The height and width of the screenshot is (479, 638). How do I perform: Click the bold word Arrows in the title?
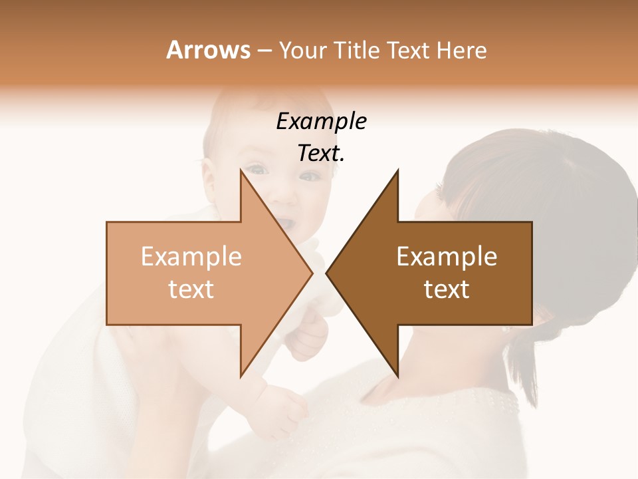click(x=208, y=50)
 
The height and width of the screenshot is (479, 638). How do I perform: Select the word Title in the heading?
click(x=356, y=51)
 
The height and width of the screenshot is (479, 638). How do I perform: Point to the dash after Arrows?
click(x=264, y=51)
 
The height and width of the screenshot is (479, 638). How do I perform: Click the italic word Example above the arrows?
click(x=321, y=122)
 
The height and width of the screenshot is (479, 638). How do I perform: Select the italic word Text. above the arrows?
click(x=321, y=153)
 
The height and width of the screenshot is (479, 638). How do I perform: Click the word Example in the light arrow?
click(x=191, y=257)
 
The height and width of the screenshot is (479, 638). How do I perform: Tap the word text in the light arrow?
click(x=191, y=289)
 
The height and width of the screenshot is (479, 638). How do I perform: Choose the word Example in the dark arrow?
click(x=447, y=257)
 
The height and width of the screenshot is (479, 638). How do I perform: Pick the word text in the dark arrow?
click(x=447, y=289)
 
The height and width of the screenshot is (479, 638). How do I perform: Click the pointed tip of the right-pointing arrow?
click(x=312, y=273)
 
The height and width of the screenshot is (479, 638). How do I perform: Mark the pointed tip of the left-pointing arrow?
click(x=326, y=273)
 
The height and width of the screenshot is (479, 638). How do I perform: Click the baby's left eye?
click(x=310, y=176)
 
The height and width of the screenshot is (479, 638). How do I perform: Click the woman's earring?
click(x=506, y=329)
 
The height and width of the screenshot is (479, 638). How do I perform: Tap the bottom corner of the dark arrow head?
click(x=398, y=377)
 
